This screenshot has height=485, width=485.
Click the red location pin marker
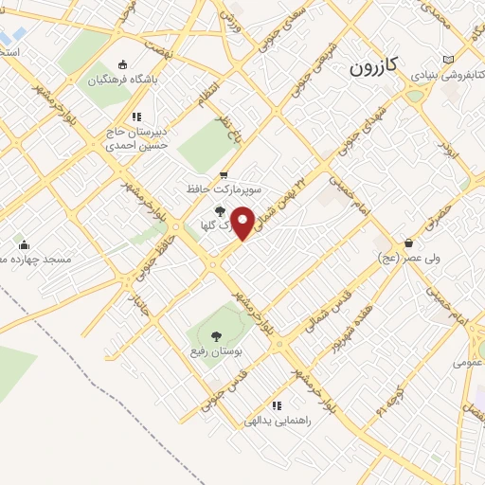[x=243, y=223]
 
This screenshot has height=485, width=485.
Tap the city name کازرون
[x=376, y=67]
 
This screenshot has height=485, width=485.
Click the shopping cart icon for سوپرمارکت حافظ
[x=224, y=174]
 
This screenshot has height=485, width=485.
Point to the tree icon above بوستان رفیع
[x=215, y=335]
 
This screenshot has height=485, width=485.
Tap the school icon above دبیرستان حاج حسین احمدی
[x=136, y=116]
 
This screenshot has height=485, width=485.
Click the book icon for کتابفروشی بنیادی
[x=461, y=60]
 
